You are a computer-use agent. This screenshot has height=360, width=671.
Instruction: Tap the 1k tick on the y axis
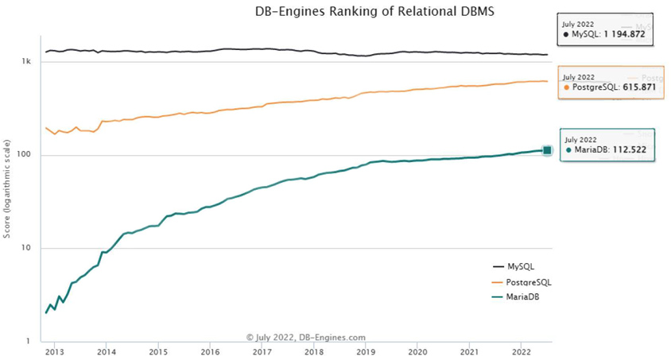26,62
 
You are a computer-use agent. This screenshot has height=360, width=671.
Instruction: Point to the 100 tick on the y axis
25,155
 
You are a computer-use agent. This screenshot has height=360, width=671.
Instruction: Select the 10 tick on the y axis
26,248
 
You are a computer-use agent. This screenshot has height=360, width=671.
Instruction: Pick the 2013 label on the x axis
55,350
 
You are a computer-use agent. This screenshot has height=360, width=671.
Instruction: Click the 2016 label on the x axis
210,350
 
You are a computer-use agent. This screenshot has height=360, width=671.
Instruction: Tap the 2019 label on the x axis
365,350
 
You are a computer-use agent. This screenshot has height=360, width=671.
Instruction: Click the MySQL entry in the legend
522,267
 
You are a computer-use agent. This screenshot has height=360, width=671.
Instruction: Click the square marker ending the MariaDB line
547,151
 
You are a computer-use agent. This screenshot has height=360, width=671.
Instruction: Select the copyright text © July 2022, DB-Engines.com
306,338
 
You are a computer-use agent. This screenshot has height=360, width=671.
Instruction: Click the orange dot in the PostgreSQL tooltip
566,87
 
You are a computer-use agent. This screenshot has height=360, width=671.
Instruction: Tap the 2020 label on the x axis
417,350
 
